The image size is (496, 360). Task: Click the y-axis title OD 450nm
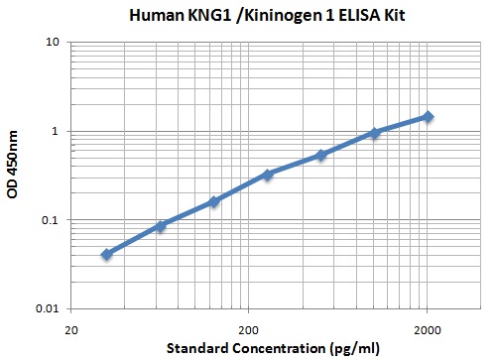(x=13, y=176)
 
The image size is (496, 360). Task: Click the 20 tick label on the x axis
(x=71, y=327)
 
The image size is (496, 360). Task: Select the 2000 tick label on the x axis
(x=428, y=327)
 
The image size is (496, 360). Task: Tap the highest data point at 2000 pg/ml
(x=428, y=116)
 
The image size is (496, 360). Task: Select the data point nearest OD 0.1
(x=161, y=226)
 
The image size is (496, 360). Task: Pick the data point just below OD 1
(x=374, y=133)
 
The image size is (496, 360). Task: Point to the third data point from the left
(x=214, y=201)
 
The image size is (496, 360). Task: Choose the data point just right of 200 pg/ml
(x=268, y=175)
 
